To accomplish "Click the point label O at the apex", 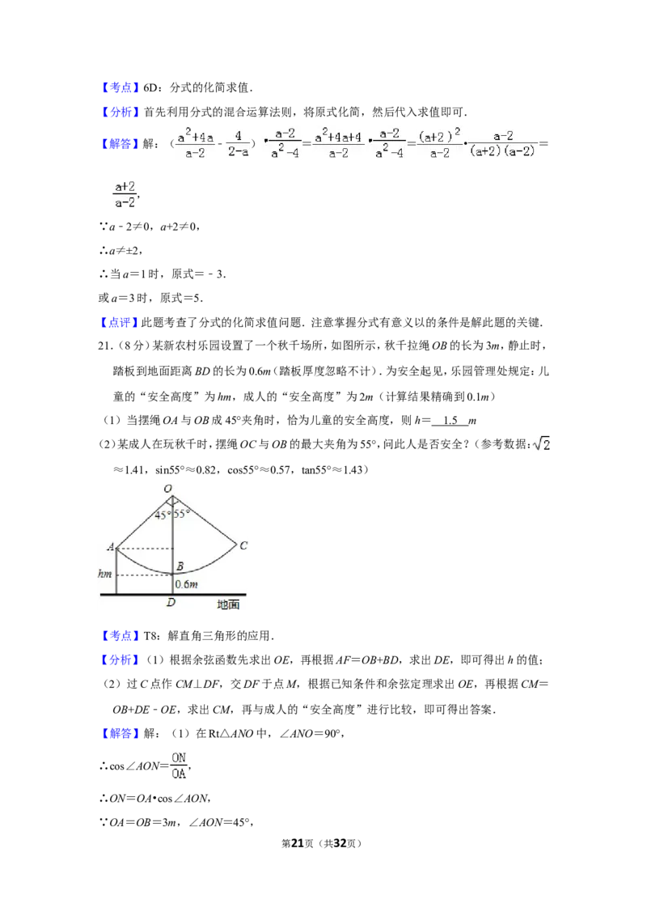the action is tap(168, 488).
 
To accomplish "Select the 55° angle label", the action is tap(182, 513).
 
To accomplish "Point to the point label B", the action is tap(180, 566).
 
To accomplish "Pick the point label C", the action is tap(243, 545).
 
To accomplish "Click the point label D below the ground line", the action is tap(171, 603).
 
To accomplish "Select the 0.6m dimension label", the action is tap(188, 583).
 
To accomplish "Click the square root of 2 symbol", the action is tap(540, 443).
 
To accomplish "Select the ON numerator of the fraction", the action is tap(178, 757).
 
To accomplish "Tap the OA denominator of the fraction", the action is tap(178, 774).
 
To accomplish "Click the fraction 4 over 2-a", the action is tap(239, 143).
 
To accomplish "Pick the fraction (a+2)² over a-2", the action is tap(438, 143).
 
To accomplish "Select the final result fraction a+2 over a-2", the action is tap(125, 195).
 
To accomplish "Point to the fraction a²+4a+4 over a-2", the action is tap(337, 143).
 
